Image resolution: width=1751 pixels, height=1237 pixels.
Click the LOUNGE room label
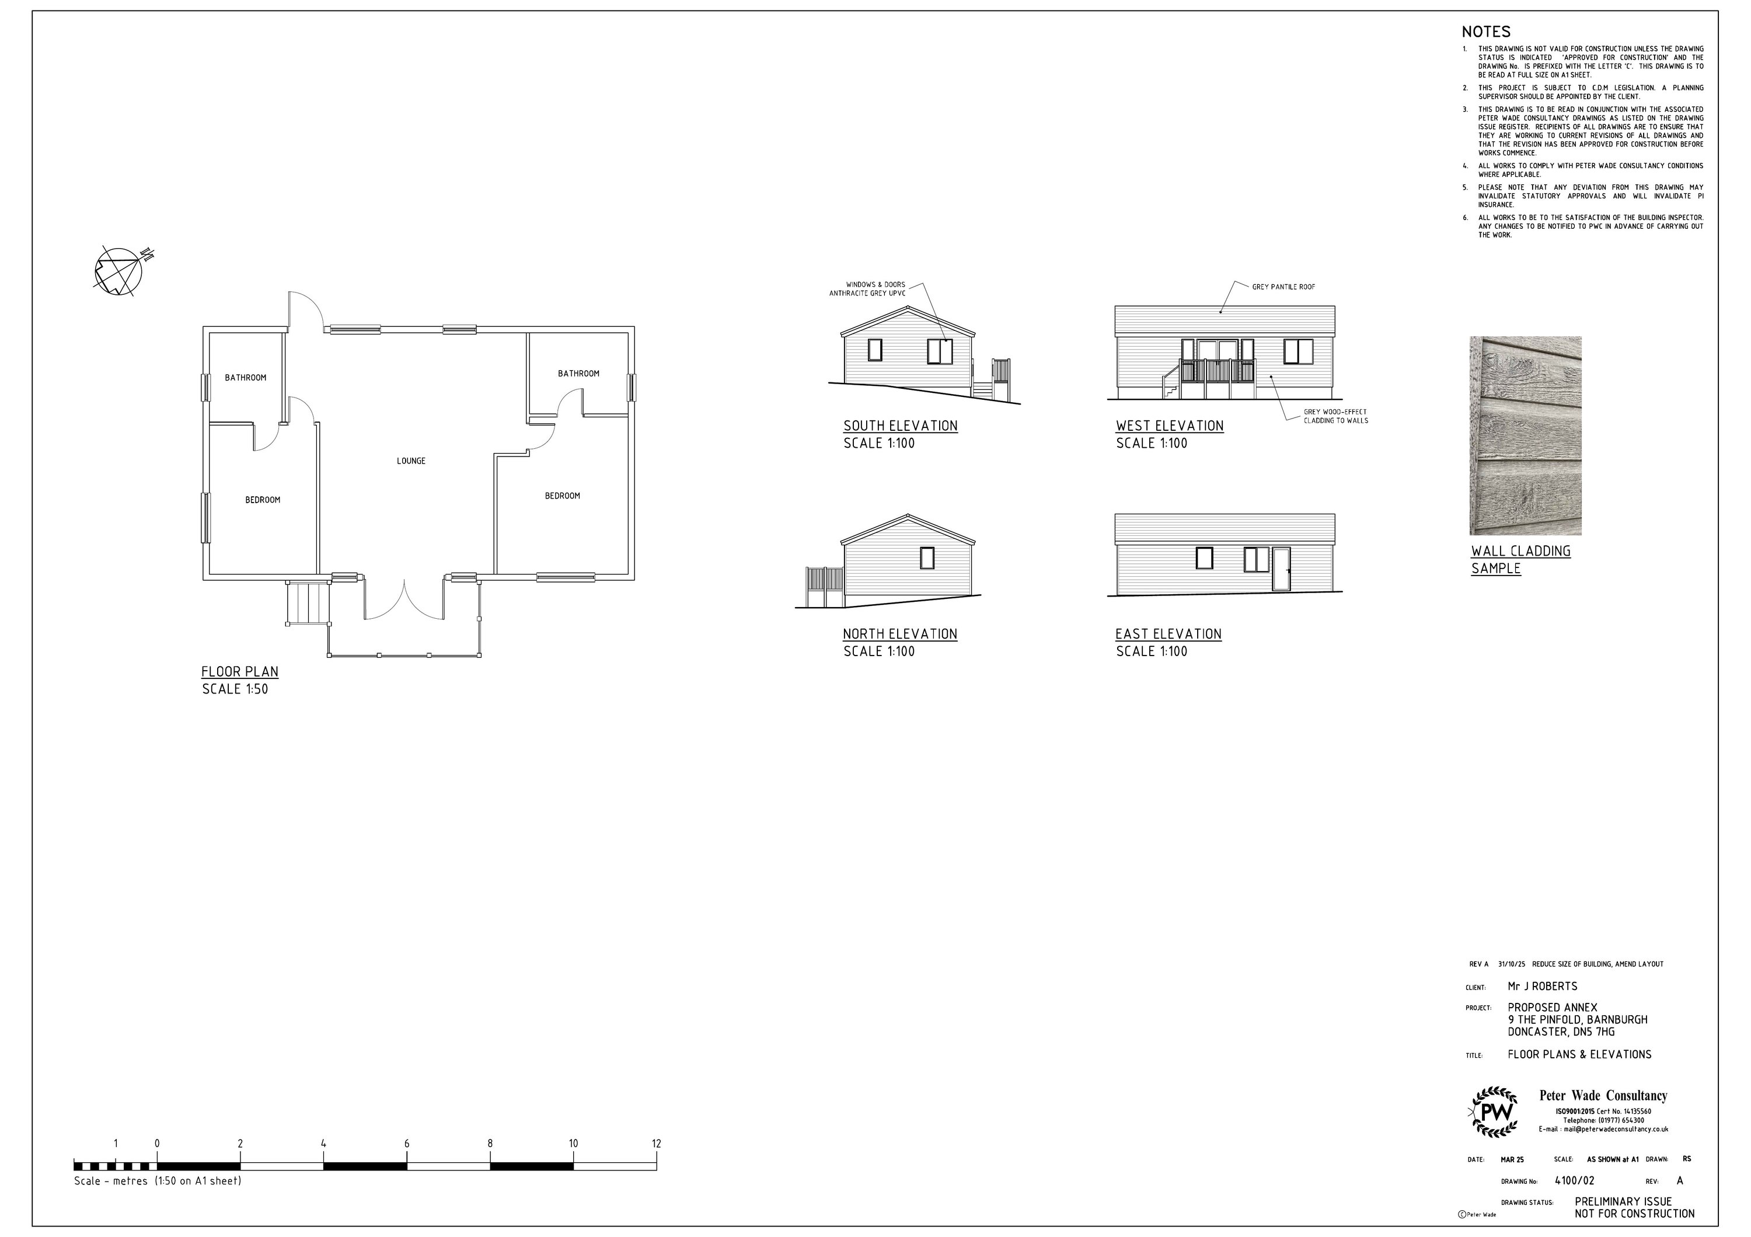(x=411, y=461)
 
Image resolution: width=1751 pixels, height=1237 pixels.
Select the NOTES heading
(x=1485, y=32)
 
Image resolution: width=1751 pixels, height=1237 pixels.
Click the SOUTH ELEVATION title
(x=900, y=426)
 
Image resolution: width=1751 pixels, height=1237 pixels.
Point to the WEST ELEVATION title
(x=1169, y=426)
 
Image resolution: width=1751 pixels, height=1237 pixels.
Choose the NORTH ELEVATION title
(x=899, y=635)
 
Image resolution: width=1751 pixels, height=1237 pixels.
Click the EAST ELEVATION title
(x=1167, y=635)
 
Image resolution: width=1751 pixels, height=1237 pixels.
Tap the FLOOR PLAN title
(x=239, y=672)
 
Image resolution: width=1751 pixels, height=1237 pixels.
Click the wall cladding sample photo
(x=1525, y=435)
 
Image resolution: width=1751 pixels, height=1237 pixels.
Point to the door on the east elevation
(x=1281, y=569)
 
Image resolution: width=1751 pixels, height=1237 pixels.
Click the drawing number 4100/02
(x=1574, y=1180)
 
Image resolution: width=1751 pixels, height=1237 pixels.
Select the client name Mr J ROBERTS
(x=1542, y=987)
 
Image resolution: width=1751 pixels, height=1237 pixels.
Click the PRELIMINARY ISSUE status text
(x=1622, y=1202)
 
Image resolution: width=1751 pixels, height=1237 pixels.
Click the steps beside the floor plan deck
(x=308, y=603)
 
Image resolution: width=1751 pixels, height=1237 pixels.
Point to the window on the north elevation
(x=927, y=558)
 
